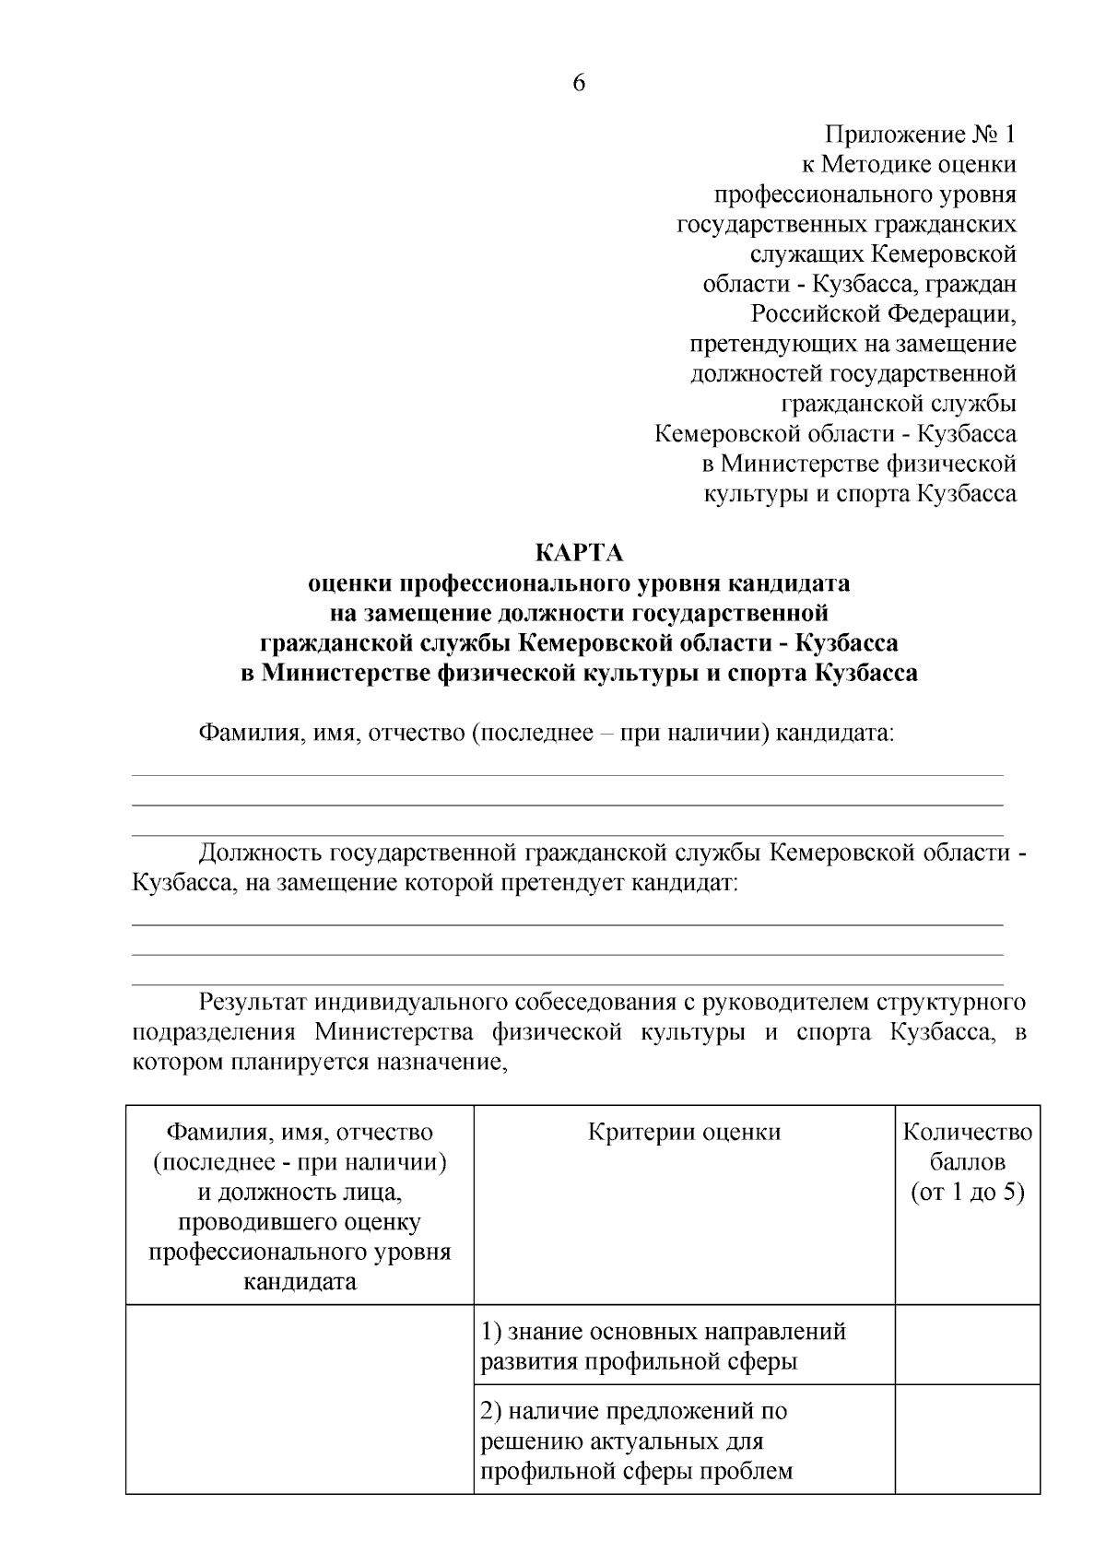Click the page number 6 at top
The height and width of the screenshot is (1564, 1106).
[579, 83]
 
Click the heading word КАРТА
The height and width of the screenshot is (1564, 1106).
[580, 553]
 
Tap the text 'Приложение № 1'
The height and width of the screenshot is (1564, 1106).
[920, 135]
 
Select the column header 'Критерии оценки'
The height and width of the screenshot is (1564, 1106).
[684, 1132]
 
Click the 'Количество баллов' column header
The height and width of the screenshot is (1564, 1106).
[967, 1147]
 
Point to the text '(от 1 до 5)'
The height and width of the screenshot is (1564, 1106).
[967, 1193]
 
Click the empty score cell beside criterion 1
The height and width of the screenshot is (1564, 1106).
[967, 1345]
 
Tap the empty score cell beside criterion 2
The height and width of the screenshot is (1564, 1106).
[967, 1440]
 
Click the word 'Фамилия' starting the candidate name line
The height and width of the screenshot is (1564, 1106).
[244, 734]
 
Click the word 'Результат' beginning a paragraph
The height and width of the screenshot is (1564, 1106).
[253, 1002]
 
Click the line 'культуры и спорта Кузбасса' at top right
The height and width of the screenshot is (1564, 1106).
[860, 493]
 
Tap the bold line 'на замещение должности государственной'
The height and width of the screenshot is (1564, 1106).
[580, 613]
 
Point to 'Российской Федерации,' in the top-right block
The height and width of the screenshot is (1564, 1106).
[883, 314]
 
